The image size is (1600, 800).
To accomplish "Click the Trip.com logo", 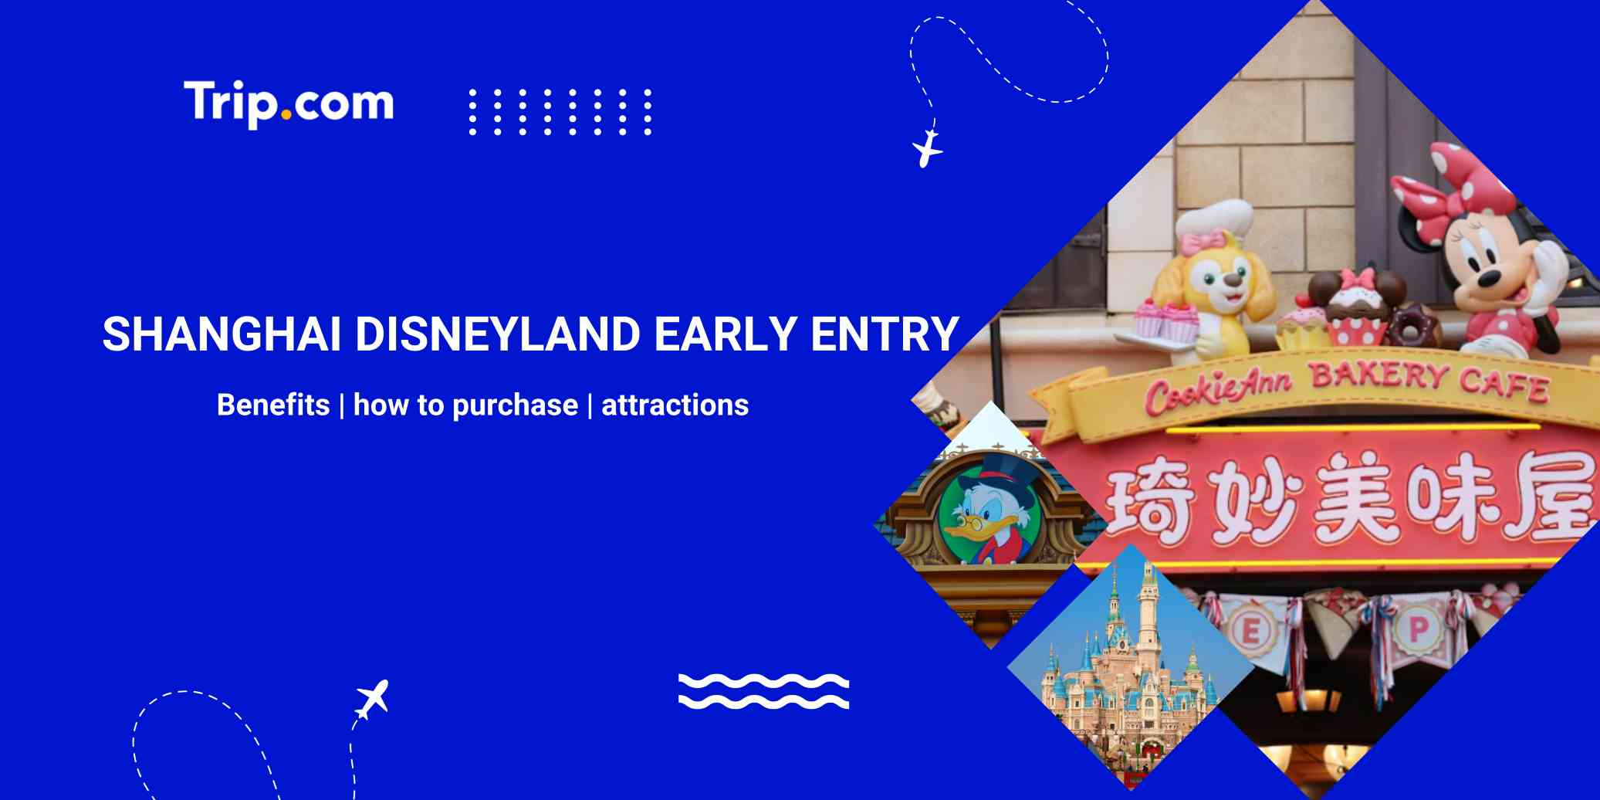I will point(289,103).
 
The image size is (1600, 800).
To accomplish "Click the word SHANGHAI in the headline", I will point(222,334).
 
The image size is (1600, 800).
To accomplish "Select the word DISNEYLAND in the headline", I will point(498,334).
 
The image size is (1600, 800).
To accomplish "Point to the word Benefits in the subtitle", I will point(272,405).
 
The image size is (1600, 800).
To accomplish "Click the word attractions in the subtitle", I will point(675,405).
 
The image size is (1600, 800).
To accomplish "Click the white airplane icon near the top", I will point(927,148).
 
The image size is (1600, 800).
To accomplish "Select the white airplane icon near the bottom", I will point(373,699).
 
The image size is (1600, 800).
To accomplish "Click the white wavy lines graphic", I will point(763,691).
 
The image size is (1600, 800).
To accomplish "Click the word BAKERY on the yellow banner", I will point(1378,376).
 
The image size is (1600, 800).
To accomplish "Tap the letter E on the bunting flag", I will point(1250,632).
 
